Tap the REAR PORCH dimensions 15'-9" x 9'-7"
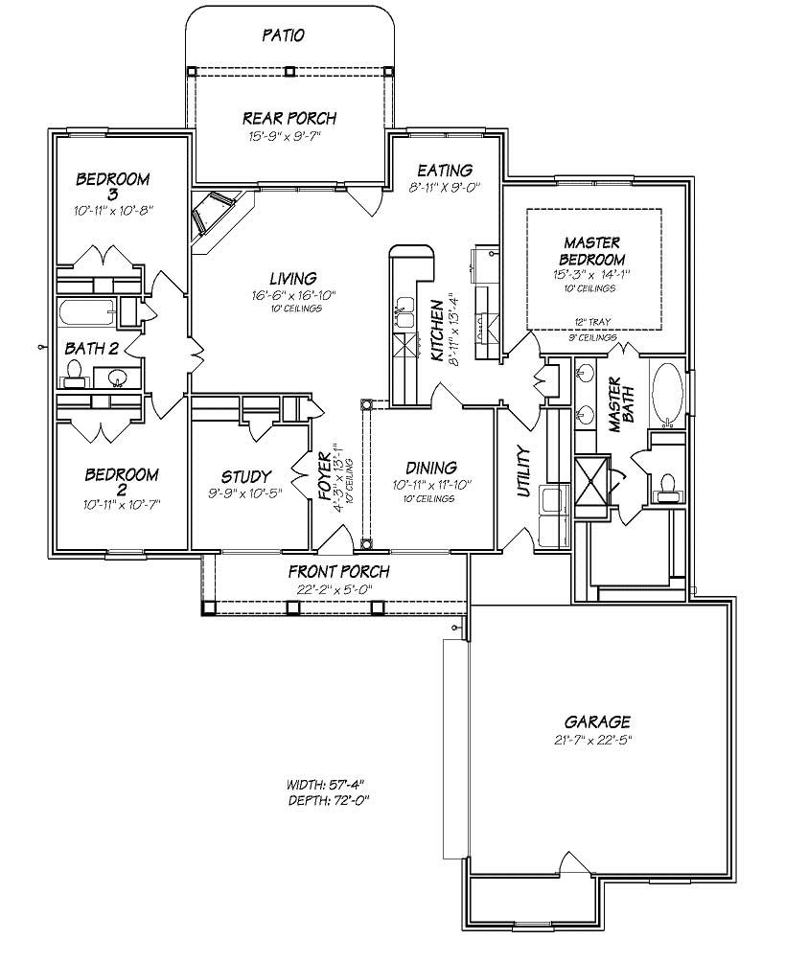[x=289, y=136]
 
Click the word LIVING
[x=293, y=279]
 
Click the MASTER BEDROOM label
[x=593, y=251]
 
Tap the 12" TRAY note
[x=593, y=321]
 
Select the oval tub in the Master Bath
[x=668, y=392]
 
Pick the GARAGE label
[x=595, y=721]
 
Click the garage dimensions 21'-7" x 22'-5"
[x=595, y=739]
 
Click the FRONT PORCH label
[x=338, y=572]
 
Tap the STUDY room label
[x=246, y=476]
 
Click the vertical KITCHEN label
[x=437, y=330]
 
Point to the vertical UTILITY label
[x=523, y=471]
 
